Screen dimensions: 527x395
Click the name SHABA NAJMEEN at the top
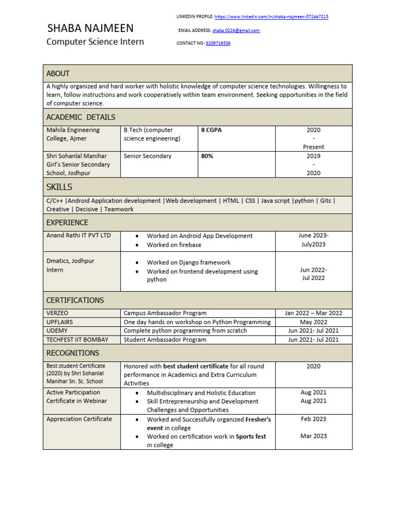[90, 28]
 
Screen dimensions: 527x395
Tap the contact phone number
[218, 43]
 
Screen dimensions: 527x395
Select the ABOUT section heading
[58, 74]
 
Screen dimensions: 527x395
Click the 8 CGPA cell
[211, 130]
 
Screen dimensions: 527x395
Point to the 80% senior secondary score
[207, 156]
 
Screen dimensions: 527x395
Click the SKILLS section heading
[59, 187]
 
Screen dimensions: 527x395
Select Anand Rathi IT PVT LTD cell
[79, 236]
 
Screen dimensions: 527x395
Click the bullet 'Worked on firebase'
[174, 245]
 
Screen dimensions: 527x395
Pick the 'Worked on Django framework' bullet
[189, 262]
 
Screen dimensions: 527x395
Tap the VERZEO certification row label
[58, 313]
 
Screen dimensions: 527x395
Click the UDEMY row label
[57, 330]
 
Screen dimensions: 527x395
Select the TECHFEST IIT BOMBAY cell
[78, 340]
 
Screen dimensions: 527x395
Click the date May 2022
[313, 322]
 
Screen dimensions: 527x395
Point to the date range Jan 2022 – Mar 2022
[313, 313]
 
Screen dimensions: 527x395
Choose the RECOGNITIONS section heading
[73, 353]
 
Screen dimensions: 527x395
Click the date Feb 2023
[313, 419]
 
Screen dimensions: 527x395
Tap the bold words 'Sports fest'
[251, 436]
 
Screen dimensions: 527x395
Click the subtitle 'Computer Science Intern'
[95, 42]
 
